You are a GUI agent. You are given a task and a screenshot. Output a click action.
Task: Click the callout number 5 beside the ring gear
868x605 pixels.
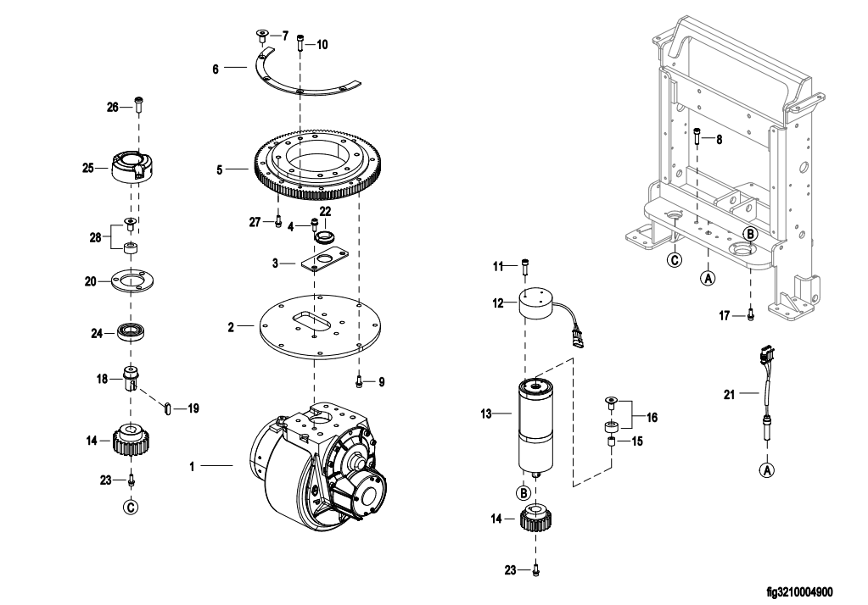219,169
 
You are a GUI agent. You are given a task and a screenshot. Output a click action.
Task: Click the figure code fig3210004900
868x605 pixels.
799,592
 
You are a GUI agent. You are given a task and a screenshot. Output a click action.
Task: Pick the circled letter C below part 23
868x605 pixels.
132,507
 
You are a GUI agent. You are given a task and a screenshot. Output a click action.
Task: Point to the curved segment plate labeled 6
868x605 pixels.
299,75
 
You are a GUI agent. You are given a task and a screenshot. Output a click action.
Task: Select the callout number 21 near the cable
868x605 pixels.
730,394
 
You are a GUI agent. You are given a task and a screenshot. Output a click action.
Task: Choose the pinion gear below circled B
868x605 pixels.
538,519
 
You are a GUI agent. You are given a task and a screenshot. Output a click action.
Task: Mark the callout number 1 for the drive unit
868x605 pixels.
192,467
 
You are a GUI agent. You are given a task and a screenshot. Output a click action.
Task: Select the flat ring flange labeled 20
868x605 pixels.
132,281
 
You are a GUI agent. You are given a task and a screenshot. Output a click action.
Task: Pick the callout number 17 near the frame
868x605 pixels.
725,316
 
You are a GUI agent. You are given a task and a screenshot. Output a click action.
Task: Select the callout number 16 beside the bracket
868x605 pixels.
652,418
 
